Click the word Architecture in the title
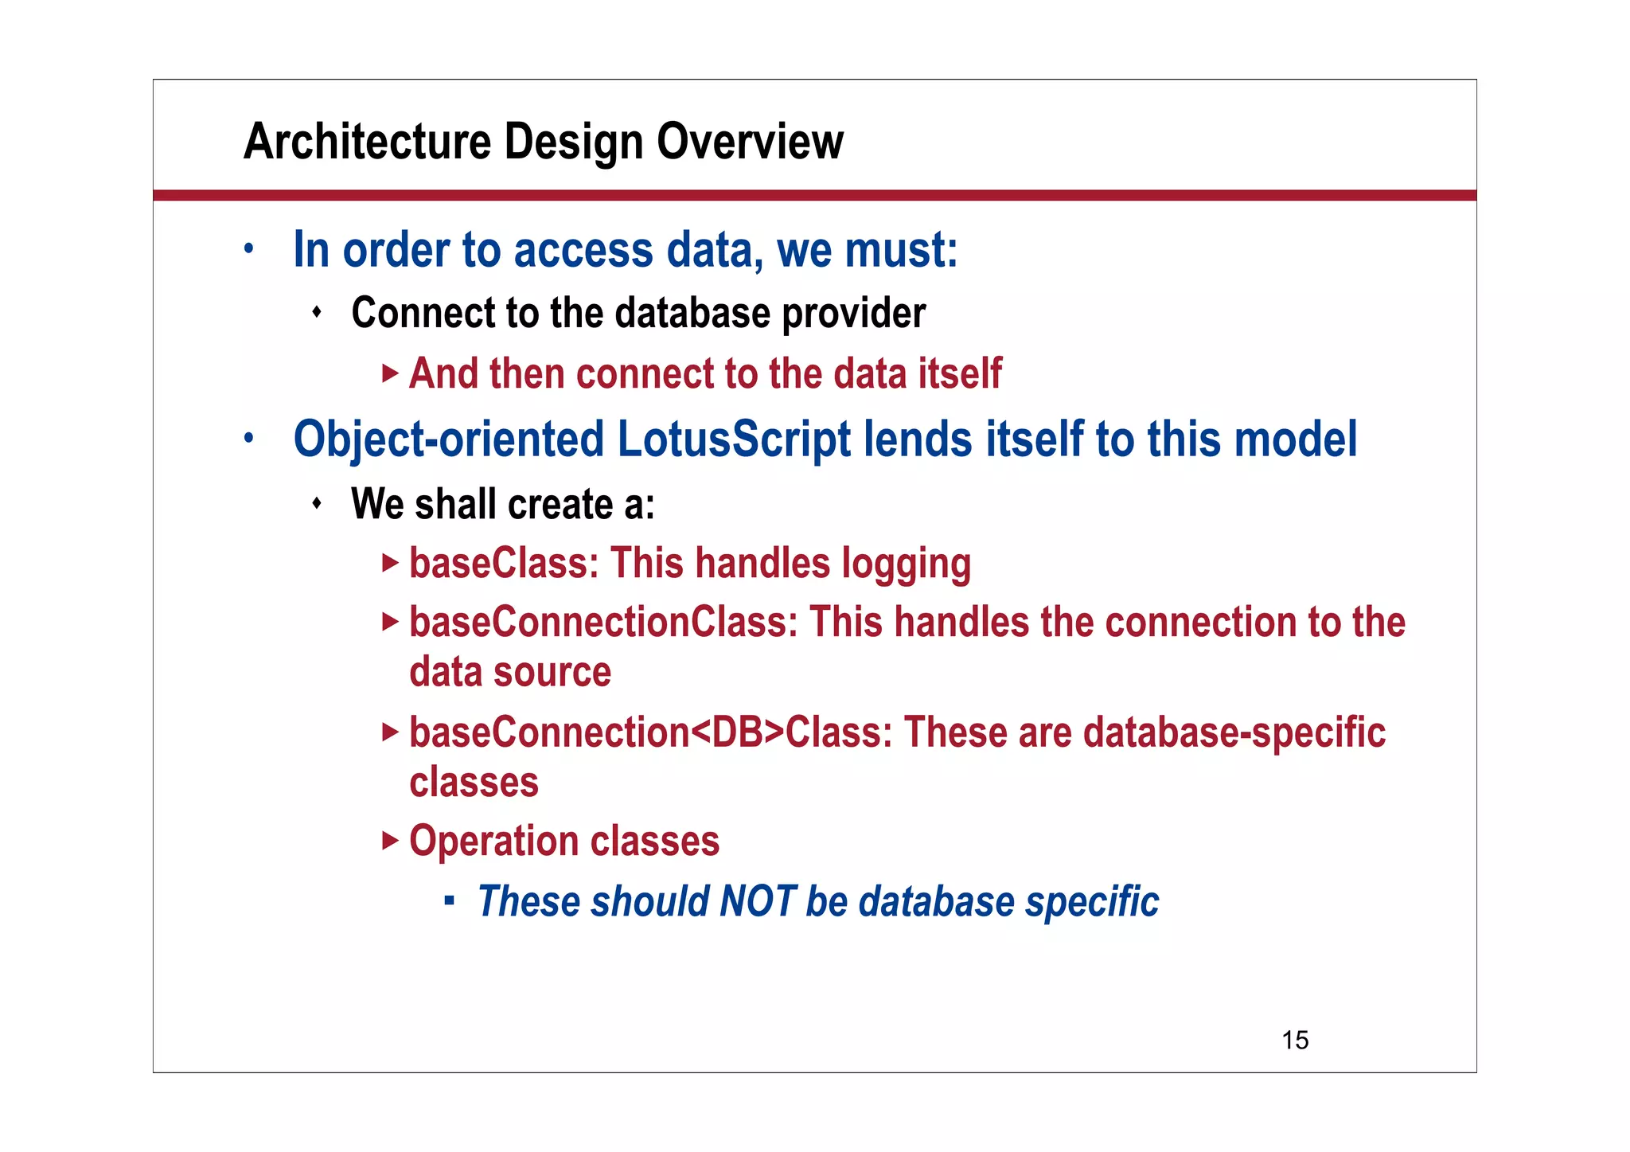click(x=366, y=143)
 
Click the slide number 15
click(x=1295, y=1040)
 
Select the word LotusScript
click(x=734, y=439)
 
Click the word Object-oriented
click(x=449, y=439)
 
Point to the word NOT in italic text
click(x=757, y=902)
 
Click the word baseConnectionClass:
click(x=603, y=622)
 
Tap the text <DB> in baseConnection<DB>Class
click(x=738, y=732)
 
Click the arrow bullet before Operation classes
click(x=390, y=841)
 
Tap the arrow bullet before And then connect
click(x=390, y=373)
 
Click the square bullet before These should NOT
click(x=450, y=901)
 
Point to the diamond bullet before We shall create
click(x=317, y=504)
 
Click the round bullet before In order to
click(x=249, y=249)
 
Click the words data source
click(x=510, y=673)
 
